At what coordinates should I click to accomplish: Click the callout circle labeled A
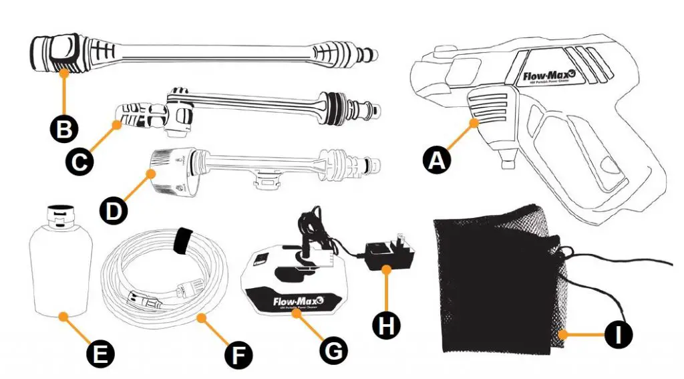[x=436, y=160]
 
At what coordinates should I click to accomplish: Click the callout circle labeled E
[x=100, y=352]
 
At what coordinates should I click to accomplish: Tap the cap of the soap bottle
[x=59, y=213]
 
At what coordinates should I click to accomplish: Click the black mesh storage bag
[x=494, y=281]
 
